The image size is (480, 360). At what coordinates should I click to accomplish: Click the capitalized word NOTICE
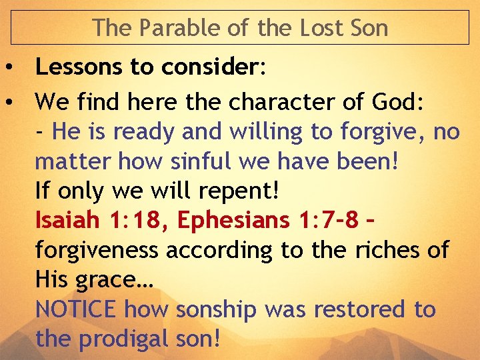pos(77,310)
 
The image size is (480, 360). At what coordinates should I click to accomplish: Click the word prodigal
pos(129,339)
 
